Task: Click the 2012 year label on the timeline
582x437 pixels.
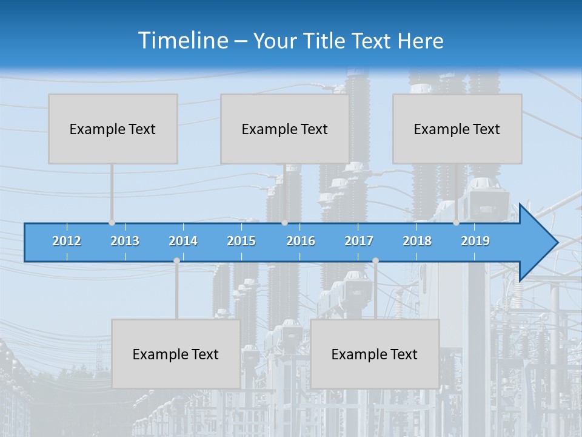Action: [x=67, y=241]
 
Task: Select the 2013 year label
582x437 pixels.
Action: [x=125, y=241]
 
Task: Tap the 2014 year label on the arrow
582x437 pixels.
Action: [x=183, y=241]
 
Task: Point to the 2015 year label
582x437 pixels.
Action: [x=241, y=241]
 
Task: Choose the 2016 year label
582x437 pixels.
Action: [x=301, y=241]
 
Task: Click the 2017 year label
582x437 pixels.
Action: [x=359, y=241]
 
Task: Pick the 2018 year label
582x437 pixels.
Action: [x=417, y=241]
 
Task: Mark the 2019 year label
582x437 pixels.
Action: [x=475, y=241]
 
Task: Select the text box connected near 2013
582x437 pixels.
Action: [x=113, y=129]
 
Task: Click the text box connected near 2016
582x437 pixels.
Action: [x=285, y=129]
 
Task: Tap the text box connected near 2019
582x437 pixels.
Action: [x=457, y=129]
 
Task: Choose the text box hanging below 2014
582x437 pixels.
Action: [x=176, y=354]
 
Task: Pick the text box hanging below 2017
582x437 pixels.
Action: [x=375, y=354]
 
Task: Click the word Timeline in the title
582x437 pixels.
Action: [x=182, y=41]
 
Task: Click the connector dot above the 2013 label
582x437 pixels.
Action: [x=112, y=223]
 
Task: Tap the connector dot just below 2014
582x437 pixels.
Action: [x=176, y=261]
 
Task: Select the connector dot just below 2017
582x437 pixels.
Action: [x=375, y=261]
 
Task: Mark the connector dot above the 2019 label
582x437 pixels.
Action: [x=456, y=223]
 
